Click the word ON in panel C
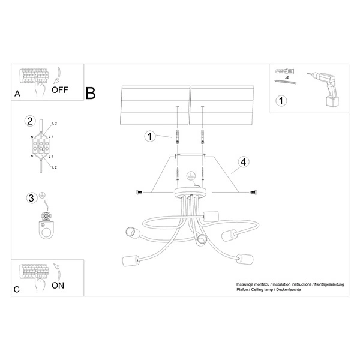pyautogui.click(x=58, y=286)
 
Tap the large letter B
pyautogui.click(x=91, y=94)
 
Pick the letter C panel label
pyautogui.click(x=17, y=289)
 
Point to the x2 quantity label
pyautogui.click(x=287, y=78)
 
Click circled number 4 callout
pyautogui.click(x=243, y=162)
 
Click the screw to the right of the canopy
pyautogui.click(x=251, y=192)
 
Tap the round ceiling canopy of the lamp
pyautogui.click(x=190, y=193)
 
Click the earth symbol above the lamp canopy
pyautogui.click(x=191, y=176)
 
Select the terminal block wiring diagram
pyautogui.click(x=41, y=145)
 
